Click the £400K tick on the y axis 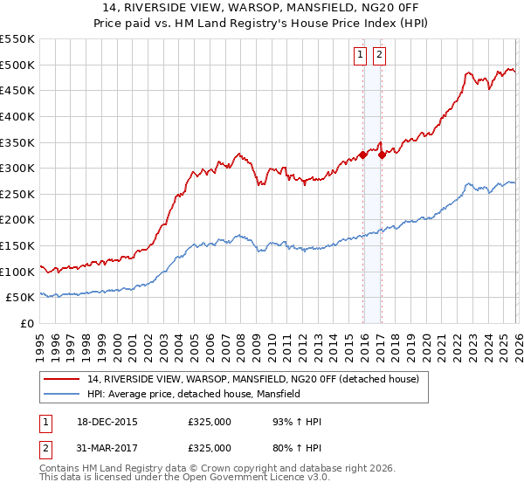pos(17,116)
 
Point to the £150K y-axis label pos(17,245)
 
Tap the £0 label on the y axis pos(26,323)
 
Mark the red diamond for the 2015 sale pos(362,155)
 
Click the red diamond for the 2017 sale pos(382,155)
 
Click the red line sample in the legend pos(62,379)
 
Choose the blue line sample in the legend pos(62,394)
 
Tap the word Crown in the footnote pos(217,470)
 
